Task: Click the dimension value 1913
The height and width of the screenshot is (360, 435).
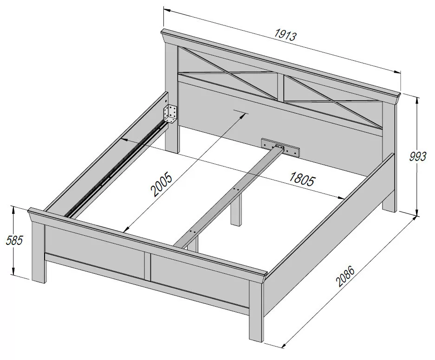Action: pyautogui.click(x=286, y=35)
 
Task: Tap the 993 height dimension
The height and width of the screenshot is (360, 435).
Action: pyautogui.click(x=417, y=157)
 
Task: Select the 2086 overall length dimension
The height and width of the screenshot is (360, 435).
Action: pyautogui.click(x=345, y=276)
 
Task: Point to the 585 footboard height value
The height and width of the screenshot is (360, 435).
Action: pyautogui.click(x=14, y=240)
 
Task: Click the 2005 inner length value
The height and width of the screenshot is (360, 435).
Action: pyautogui.click(x=161, y=185)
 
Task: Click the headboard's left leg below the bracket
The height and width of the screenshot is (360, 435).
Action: pyautogui.click(x=172, y=137)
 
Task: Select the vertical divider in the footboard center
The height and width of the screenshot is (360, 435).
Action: pyautogui.click(x=148, y=266)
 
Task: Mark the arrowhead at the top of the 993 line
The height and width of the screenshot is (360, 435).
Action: pyautogui.click(x=417, y=100)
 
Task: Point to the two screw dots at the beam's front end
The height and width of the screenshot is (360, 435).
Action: pyautogui.click(x=193, y=231)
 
